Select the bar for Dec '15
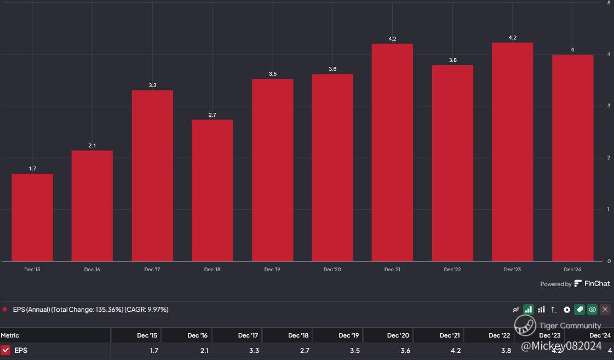(x=32, y=218)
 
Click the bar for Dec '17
(x=152, y=176)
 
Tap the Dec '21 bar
(x=392, y=152)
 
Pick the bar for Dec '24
(x=572, y=158)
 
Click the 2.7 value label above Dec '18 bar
(x=212, y=115)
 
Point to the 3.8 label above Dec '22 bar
(x=452, y=60)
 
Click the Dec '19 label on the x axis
(x=272, y=270)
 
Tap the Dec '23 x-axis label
(x=512, y=270)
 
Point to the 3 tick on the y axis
(x=609, y=105)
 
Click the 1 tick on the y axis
(x=609, y=209)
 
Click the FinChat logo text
(x=592, y=283)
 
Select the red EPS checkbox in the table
(x=5, y=350)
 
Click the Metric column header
(x=10, y=335)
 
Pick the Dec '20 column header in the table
(x=398, y=335)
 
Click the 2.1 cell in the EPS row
(x=204, y=351)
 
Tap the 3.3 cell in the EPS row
(x=254, y=351)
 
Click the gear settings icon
(x=566, y=310)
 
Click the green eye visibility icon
(x=593, y=310)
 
